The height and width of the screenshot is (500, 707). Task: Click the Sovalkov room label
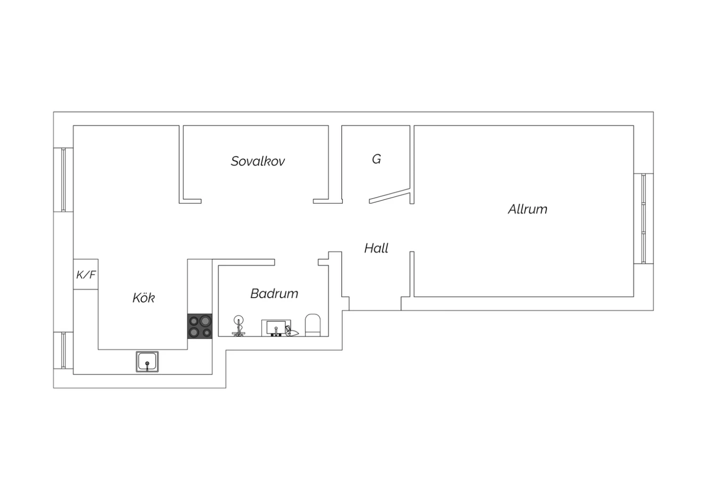click(257, 161)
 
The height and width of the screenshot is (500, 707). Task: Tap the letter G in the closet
click(376, 159)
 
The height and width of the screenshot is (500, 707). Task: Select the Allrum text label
click(527, 209)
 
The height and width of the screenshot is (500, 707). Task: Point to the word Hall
click(376, 248)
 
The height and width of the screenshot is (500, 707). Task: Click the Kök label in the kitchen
click(144, 298)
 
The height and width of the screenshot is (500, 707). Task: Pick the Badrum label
click(274, 294)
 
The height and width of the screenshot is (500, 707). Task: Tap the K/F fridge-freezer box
click(85, 274)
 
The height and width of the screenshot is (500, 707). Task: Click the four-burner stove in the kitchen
click(200, 326)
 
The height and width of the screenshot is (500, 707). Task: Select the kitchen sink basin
click(147, 362)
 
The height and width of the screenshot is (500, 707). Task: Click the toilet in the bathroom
click(313, 325)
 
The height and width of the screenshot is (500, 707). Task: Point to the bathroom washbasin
click(276, 328)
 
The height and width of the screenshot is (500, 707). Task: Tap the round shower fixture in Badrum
click(238, 325)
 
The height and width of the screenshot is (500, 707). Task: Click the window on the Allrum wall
click(643, 218)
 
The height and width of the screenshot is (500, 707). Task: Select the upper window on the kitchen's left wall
click(64, 180)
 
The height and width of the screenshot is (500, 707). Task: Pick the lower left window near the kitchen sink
click(64, 350)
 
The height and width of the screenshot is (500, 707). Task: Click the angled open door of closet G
click(390, 196)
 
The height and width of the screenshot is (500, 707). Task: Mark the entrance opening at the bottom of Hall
click(375, 304)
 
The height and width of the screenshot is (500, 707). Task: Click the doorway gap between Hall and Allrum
click(412, 228)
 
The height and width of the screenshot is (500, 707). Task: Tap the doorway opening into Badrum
click(296, 262)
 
